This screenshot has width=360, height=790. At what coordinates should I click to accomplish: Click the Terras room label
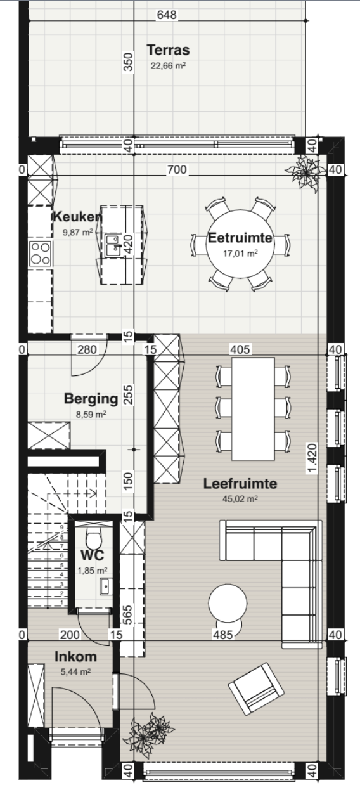(x=168, y=50)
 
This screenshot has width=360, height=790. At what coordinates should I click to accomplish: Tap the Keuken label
(x=77, y=217)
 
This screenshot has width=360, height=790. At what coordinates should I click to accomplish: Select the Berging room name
(x=91, y=399)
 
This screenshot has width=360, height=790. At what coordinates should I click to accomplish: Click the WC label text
(x=92, y=555)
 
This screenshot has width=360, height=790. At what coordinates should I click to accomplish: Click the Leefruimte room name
(x=240, y=484)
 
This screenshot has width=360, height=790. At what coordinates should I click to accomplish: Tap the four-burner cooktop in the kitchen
(x=40, y=254)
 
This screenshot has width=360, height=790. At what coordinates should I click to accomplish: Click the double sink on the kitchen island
(x=112, y=245)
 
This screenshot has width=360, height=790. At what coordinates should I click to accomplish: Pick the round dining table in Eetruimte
(x=240, y=244)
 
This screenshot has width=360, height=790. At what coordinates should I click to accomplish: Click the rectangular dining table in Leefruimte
(x=253, y=409)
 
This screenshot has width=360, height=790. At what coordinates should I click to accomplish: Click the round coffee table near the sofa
(x=228, y=603)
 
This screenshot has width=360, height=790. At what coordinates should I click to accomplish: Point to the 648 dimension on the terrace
(x=167, y=15)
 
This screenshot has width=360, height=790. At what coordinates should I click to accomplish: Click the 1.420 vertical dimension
(x=312, y=458)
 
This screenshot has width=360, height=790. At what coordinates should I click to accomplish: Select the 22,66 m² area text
(x=168, y=65)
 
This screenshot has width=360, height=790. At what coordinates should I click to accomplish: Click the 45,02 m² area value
(x=240, y=499)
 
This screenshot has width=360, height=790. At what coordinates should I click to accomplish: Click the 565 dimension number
(x=128, y=615)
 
